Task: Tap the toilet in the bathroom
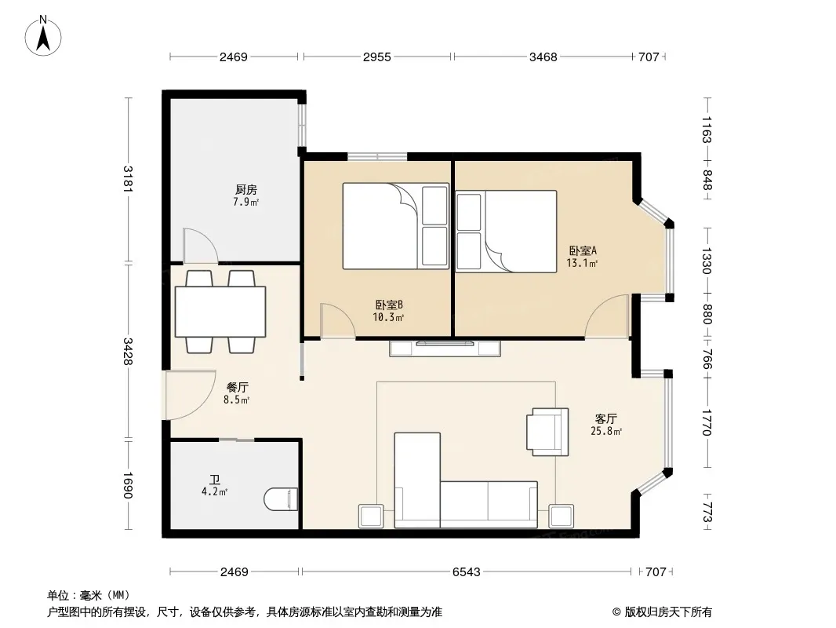(281, 499)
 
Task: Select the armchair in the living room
(547, 432)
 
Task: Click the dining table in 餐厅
(220, 312)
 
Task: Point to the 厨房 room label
(245, 189)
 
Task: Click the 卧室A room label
(583, 250)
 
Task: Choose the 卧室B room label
(389, 305)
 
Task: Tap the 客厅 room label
(606, 418)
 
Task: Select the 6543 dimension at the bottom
(466, 572)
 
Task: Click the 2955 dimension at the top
(377, 57)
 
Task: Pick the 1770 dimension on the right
(707, 422)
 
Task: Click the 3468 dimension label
(543, 57)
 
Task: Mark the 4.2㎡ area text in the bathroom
(214, 492)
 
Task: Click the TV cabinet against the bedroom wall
(445, 348)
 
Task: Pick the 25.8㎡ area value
(606, 431)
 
